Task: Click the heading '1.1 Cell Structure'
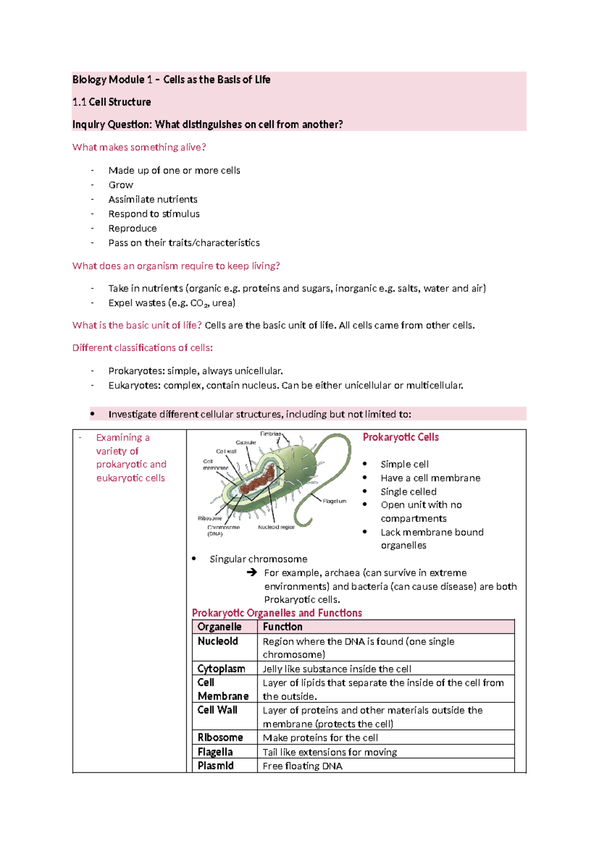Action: click(111, 102)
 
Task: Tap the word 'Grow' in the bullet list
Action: click(121, 185)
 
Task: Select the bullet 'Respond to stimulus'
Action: click(154, 214)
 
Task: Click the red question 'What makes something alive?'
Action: click(139, 147)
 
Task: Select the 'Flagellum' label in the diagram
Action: click(334, 501)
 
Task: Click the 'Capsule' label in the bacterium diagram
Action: click(246, 442)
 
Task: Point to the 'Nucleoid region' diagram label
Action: click(276, 527)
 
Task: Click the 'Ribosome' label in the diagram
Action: click(210, 518)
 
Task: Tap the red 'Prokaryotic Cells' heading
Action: click(400, 437)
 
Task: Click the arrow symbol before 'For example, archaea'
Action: click(252, 573)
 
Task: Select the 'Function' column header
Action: click(283, 627)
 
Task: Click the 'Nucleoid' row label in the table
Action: click(218, 641)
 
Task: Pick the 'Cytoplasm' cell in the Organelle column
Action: click(221, 669)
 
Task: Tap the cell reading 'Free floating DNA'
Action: click(302, 766)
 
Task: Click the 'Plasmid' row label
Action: click(216, 766)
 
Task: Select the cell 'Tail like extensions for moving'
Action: click(329, 752)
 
